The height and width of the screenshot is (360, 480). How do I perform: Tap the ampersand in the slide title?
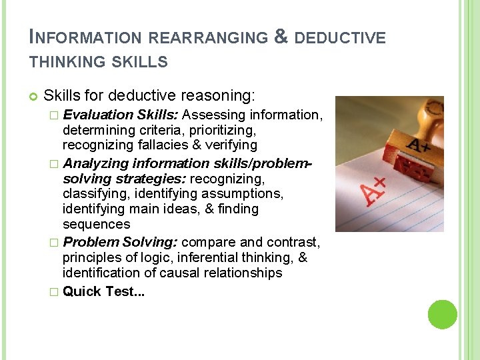tap(281, 37)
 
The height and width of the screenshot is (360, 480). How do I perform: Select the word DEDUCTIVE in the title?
tap(340, 38)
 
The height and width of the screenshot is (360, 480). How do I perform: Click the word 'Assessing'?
tap(211, 115)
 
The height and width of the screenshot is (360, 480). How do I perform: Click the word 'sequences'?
tap(97, 224)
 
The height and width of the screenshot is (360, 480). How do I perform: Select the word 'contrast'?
tap(296, 241)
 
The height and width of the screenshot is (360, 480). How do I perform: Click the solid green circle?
tap(443, 315)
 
